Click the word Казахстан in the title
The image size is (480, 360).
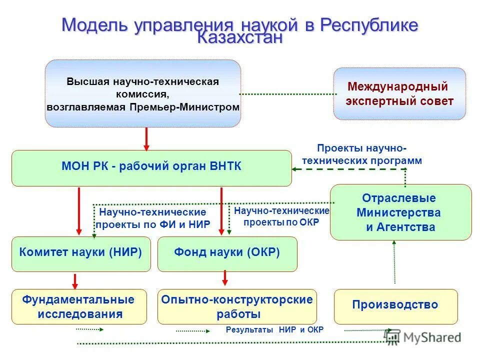[x=240, y=38]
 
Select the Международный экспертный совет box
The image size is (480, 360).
[x=399, y=94]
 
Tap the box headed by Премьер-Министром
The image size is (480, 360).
[x=143, y=94]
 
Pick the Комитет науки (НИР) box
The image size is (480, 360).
[x=81, y=253]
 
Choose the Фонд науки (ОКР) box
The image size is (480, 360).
[x=227, y=253]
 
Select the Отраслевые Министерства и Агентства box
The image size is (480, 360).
[x=400, y=212]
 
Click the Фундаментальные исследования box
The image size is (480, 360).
[x=79, y=306]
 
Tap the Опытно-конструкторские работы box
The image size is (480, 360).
[x=237, y=306]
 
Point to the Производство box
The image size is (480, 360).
[x=395, y=305]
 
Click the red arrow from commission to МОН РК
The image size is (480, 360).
[x=146, y=138]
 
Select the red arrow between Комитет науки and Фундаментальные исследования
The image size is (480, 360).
[x=75, y=280]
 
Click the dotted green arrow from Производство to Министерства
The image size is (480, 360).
[x=394, y=263]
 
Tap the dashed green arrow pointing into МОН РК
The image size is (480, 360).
[x=345, y=169]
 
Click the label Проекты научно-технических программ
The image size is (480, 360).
[x=362, y=154]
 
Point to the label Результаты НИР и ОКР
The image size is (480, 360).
[x=274, y=330]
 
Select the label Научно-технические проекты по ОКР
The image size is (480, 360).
[x=281, y=217]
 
